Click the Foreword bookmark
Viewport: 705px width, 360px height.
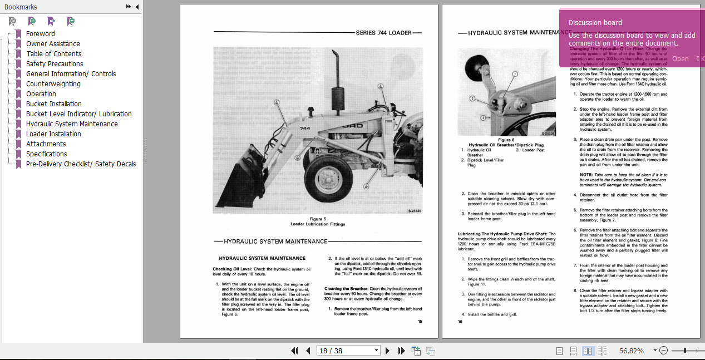coord(40,33)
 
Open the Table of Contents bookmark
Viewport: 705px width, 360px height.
coord(53,53)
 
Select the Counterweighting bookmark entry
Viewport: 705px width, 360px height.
coord(53,83)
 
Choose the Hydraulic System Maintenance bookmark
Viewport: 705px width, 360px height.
coord(72,124)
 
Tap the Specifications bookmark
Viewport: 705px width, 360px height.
coord(46,154)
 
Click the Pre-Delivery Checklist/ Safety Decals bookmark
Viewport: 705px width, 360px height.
coord(81,164)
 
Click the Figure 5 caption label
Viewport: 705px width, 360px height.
coord(318,219)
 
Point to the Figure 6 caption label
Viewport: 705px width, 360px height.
coord(506,140)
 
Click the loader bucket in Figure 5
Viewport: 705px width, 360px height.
coord(239,189)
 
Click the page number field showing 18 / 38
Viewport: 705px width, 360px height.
coord(345,351)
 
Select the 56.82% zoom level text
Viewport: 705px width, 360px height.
coord(631,351)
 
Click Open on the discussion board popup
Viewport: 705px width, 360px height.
coord(680,58)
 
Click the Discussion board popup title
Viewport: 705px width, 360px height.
coord(595,23)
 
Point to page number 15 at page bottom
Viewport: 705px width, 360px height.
coord(420,321)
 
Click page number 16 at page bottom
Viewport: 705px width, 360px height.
coord(460,321)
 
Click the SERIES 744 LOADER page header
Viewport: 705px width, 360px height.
coord(383,33)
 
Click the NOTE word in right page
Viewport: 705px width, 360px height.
coord(585,174)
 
